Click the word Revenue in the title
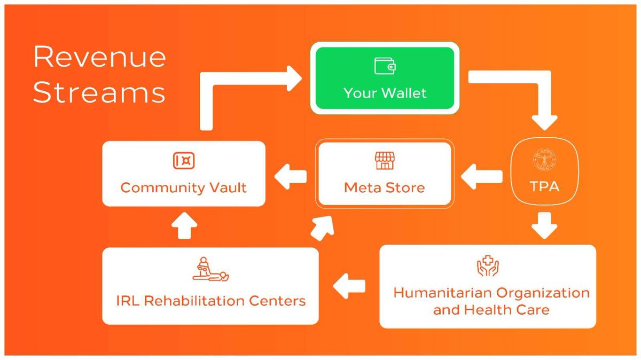point(99,57)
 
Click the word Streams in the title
point(99,92)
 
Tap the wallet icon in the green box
point(385,66)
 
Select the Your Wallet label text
point(385,93)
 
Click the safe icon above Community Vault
point(184,160)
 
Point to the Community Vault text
point(184,187)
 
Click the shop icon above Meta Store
point(385,160)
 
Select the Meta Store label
point(385,188)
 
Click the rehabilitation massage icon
point(210,269)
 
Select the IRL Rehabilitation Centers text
point(210,300)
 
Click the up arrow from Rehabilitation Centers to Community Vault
point(184,226)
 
